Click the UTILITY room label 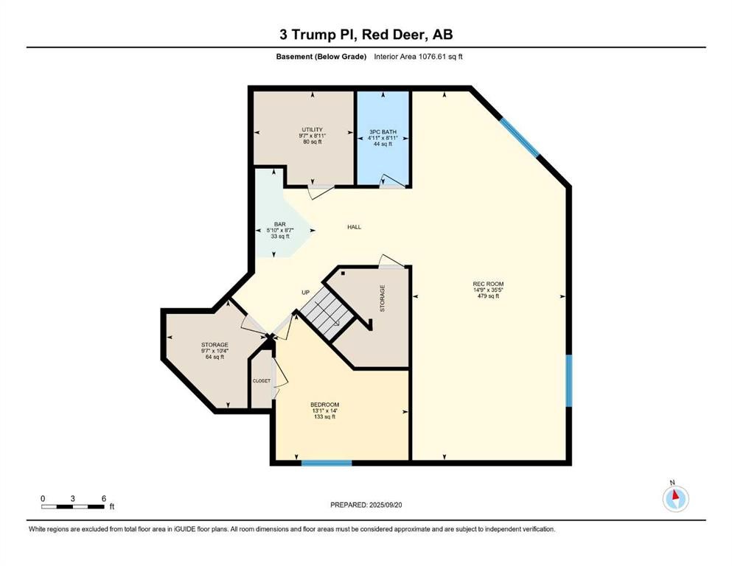pyautogui.click(x=313, y=130)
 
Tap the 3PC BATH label pyautogui.click(x=383, y=132)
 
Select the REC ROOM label pyautogui.click(x=488, y=284)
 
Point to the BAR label pyautogui.click(x=280, y=225)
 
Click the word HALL pyautogui.click(x=355, y=227)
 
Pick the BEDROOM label pyautogui.click(x=325, y=405)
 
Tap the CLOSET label pyautogui.click(x=262, y=381)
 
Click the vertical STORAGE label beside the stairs pyautogui.click(x=383, y=298)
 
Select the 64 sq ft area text pyautogui.click(x=215, y=357)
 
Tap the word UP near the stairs pyautogui.click(x=306, y=293)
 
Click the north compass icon pyautogui.click(x=675, y=499)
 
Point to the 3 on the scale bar pyautogui.click(x=73, y=498)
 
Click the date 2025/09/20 pyautogui.click(x=385, y=505)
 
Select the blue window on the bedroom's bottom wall pyautogui.click(x=327, y=463)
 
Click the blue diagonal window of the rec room pyautogui.click(x=520, y=137)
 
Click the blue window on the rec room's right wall pyautogui.click(x=569, y=381)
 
